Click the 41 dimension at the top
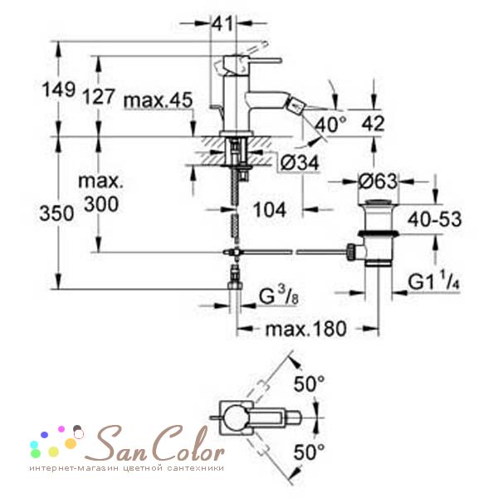222,23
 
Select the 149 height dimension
59,90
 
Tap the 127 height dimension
98,96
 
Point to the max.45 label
159,100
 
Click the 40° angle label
331,124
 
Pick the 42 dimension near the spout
373,123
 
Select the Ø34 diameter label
300,164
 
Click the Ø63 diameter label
378,181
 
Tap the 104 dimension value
270,210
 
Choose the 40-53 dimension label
434,219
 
